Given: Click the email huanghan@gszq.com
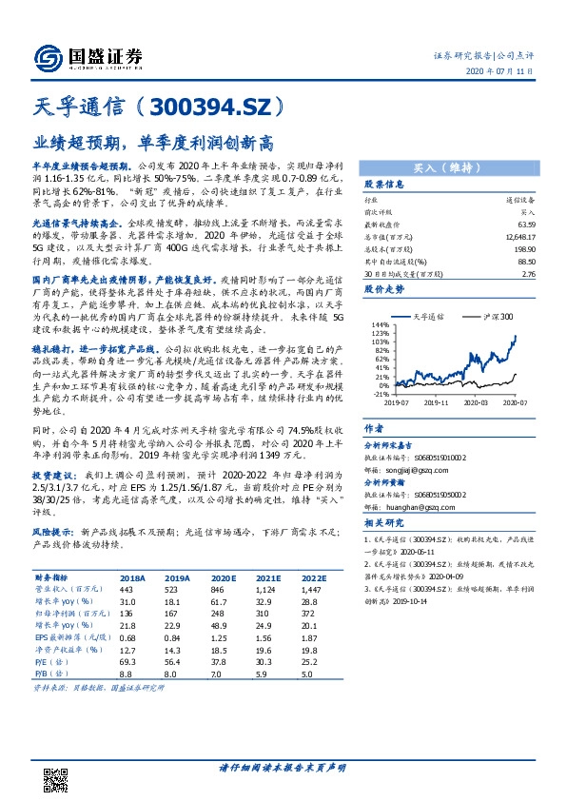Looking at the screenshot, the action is [401, 507].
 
